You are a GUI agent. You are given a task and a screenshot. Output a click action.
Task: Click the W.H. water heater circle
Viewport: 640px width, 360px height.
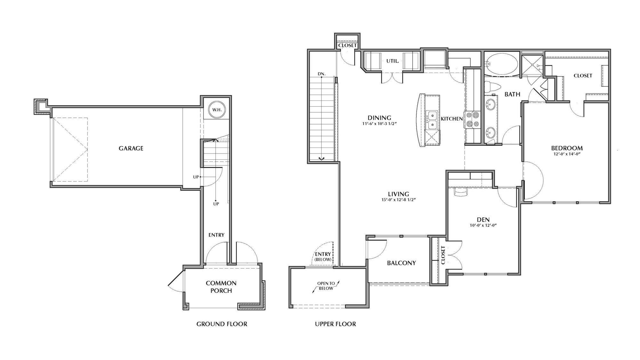[x=217, y=110]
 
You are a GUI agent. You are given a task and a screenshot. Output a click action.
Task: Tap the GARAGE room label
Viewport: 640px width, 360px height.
[x=131, y=148]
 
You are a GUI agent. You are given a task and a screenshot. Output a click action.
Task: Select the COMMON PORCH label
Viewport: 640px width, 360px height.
[x=221, y=287]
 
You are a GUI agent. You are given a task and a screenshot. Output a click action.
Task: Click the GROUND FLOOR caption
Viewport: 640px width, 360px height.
[x=221, y=324]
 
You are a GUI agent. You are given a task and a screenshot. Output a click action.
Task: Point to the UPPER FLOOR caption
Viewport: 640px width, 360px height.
[x=335, y=324]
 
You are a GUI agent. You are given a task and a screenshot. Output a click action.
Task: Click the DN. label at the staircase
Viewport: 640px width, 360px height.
[x=322, y=74]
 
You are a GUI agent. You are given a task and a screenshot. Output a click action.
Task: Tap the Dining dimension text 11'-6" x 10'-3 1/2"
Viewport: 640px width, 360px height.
[x=379, y=123]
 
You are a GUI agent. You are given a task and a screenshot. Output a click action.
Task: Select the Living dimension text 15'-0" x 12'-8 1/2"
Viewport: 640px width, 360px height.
[x=398, y=200]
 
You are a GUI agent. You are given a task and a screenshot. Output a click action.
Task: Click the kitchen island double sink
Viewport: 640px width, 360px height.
[x=432, y=119]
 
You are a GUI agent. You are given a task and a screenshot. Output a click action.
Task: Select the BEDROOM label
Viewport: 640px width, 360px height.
[x=567, y=148]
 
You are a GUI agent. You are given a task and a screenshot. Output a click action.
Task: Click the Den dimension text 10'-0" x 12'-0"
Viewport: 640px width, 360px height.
[x=483, y=225]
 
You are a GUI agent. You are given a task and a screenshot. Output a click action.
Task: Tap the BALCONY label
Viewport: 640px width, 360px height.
[x=401, y=263]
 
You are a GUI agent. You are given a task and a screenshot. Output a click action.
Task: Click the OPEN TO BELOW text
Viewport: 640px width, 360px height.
[x=326, y=286]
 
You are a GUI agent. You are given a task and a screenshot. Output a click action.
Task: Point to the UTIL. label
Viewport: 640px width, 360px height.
[x=392, y=61]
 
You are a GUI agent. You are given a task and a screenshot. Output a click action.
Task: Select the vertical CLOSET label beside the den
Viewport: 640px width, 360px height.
[x=443, y=255]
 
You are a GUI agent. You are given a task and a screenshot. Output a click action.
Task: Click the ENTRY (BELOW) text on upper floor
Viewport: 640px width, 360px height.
[x=323, y=257]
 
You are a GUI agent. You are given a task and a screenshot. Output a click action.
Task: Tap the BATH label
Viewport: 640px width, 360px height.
[x=512, y=94]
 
